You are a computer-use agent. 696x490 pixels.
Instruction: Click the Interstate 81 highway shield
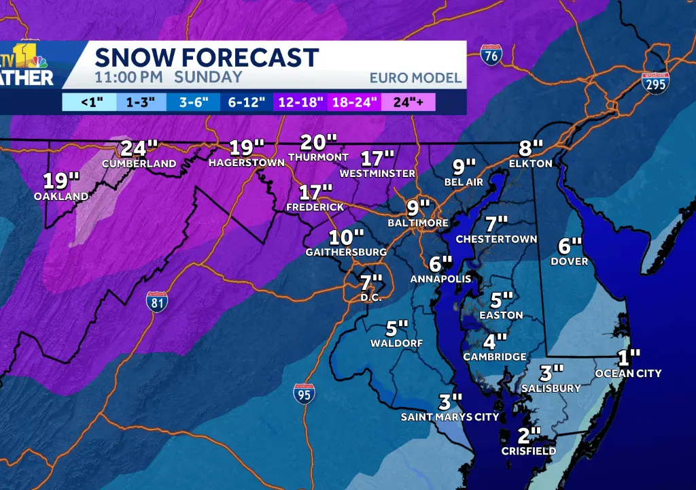point(157,302)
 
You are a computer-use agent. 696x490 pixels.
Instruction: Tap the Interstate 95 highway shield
point(304,394)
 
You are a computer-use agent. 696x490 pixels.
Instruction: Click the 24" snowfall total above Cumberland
point(139,148)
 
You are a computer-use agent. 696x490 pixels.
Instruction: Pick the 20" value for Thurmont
point(318,142)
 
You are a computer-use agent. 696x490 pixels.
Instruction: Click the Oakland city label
point(61,197)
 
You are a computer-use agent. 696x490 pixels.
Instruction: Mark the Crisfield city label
point(529,451)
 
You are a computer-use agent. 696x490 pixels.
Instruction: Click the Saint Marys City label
point(450,417)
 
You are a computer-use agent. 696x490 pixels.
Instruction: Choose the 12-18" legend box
point(300,103)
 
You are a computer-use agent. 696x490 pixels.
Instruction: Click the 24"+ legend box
point(408,103)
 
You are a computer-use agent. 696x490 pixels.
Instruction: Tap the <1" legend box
point(88,103)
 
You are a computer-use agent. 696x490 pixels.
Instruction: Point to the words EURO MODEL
point(415,78)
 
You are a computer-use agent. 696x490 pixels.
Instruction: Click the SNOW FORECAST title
point(206,57)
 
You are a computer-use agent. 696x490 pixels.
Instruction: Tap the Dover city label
point(570,262)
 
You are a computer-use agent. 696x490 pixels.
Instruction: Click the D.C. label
point(372,298)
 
